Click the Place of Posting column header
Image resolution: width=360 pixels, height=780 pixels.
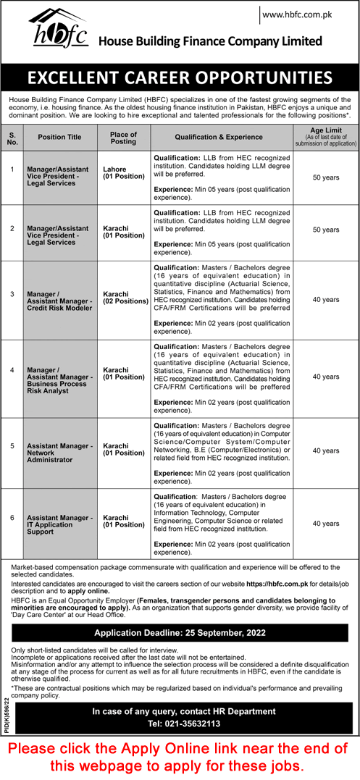[x=122, y=136]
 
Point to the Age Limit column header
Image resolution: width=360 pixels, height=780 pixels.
[x=325, y=135]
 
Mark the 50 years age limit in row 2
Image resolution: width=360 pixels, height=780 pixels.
[x=325, y=230]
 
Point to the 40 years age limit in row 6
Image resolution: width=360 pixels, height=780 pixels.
[x=325, y=523]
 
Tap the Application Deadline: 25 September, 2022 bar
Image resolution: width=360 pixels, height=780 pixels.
[x=180, y=632]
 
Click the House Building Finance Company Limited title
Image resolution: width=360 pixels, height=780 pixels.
[x=211, y=41]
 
